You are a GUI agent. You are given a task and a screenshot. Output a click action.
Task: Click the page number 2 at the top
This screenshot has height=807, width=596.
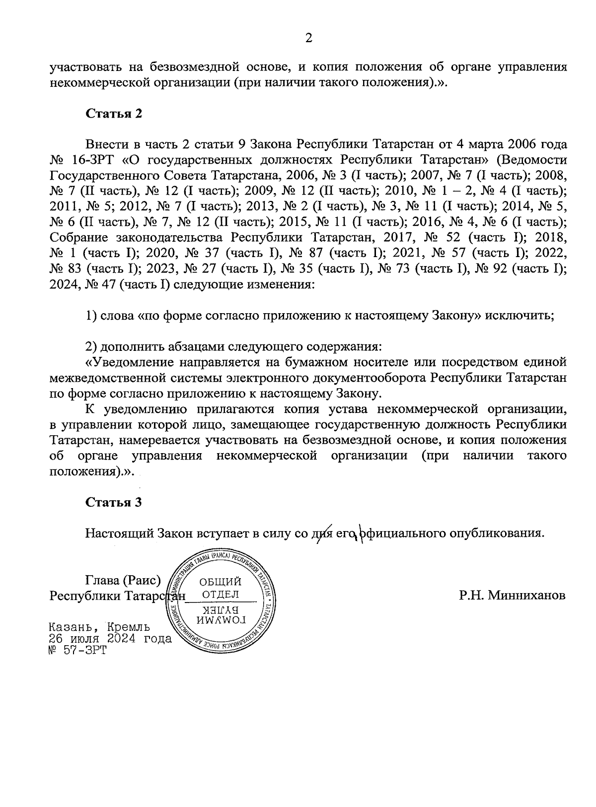coord(308,38)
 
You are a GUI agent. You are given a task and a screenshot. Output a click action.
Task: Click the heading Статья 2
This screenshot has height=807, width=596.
coord(114,114)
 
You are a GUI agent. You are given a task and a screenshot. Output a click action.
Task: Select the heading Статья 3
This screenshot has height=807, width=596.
coord(114,502)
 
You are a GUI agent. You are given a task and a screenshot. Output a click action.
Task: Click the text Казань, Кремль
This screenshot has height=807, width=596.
coord(99,627)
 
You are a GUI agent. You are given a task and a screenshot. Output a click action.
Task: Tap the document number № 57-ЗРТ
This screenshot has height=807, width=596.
coord(78,650)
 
